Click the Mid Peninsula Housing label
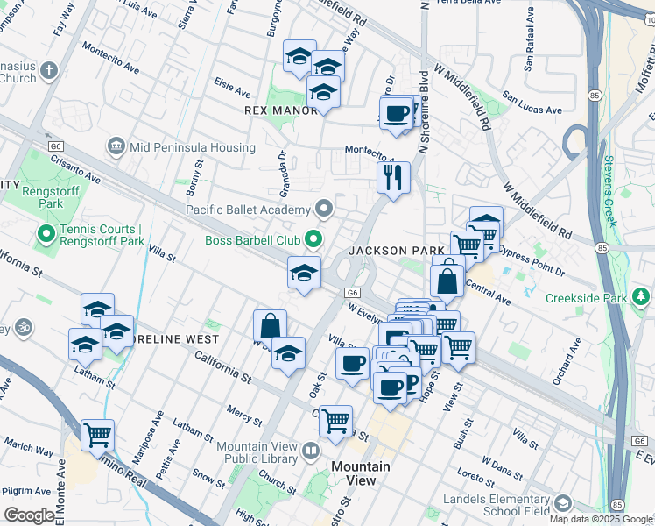pyautogui.click(x=193, y=147)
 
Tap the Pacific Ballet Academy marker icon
pyautogui.click(x=325, y=209)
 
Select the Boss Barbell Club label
pyautogui.click(x=254, y=240)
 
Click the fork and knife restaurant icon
pyautogui.click(x=393, y=177)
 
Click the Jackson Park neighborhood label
pyautogui.click(x=397, y=251)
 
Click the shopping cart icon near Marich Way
pyautogui.click(x=98, y=434)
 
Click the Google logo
pyautogui.click(x=29, y=515)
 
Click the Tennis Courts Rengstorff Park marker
pyautogui.click(x=46, y=234)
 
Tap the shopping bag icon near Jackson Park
pyautogui.click(x=447, y=281)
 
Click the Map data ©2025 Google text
pyautogui.click(x=600, y=519)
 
